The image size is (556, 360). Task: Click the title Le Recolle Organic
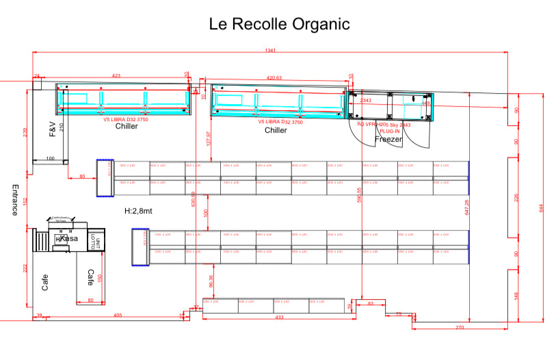pos(279,24)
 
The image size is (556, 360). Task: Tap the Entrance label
pos(14,200)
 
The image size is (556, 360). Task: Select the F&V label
pos(52,129)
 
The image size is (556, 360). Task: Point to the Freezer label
pos(388,139)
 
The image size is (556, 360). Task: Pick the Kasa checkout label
pos(68,239)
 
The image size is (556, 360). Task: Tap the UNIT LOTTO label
pos(98,242)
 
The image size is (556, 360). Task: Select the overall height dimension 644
pos(542,207)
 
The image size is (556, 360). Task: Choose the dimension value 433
pos(279,318)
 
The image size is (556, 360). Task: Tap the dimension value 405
pos(118,315)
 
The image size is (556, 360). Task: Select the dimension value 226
pos(516,198)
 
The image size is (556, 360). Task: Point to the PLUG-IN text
pos(390,131)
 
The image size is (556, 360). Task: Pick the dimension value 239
pos(25,132)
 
